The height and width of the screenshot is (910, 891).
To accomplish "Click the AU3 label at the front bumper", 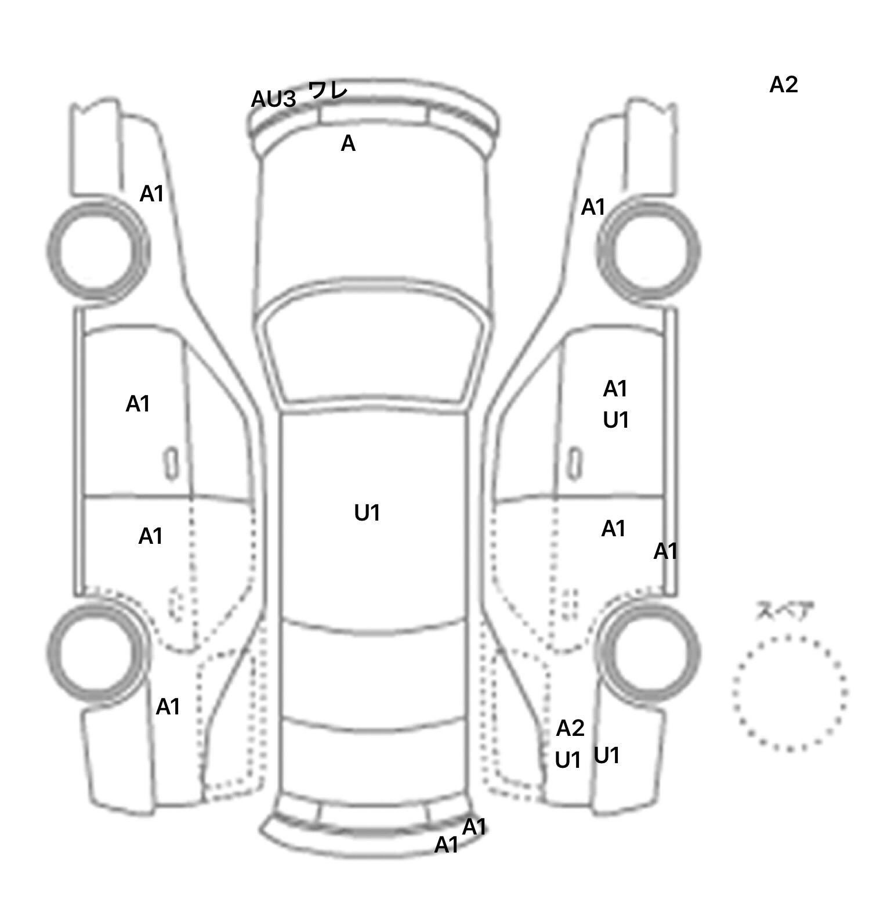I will (273, 99).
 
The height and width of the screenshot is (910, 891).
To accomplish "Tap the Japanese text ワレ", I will (328, 90).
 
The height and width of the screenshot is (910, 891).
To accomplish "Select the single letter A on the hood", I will (347, 143).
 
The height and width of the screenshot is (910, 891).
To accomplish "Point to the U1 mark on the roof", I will (367, 513).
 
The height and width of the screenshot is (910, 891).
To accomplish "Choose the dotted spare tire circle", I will (789, 693).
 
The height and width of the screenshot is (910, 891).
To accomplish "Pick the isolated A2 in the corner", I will (784, 85).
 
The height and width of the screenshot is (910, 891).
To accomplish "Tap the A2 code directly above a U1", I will (570, 728).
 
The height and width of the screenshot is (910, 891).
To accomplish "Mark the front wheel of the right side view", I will (649, 252).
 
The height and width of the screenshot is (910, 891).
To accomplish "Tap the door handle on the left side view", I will (171, 464).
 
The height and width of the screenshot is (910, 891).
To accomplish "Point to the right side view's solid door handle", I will (575, 464).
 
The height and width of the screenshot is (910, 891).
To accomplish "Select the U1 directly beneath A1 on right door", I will (615, 420).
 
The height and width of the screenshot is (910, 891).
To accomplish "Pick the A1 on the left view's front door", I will (138, 404).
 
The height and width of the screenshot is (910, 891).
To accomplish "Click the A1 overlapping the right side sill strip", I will (665, 551).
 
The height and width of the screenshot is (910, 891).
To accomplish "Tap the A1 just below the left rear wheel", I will (168, 707).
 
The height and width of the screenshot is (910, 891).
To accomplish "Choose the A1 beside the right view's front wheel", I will (593, 207).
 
